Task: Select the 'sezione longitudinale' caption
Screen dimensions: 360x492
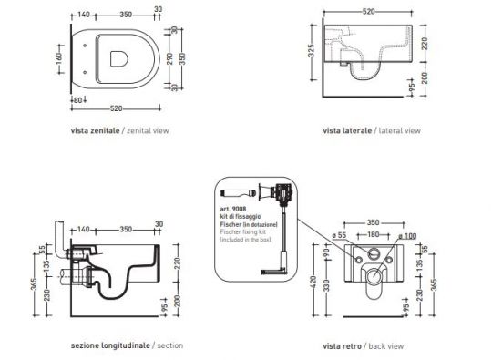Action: tap(109, 346)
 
